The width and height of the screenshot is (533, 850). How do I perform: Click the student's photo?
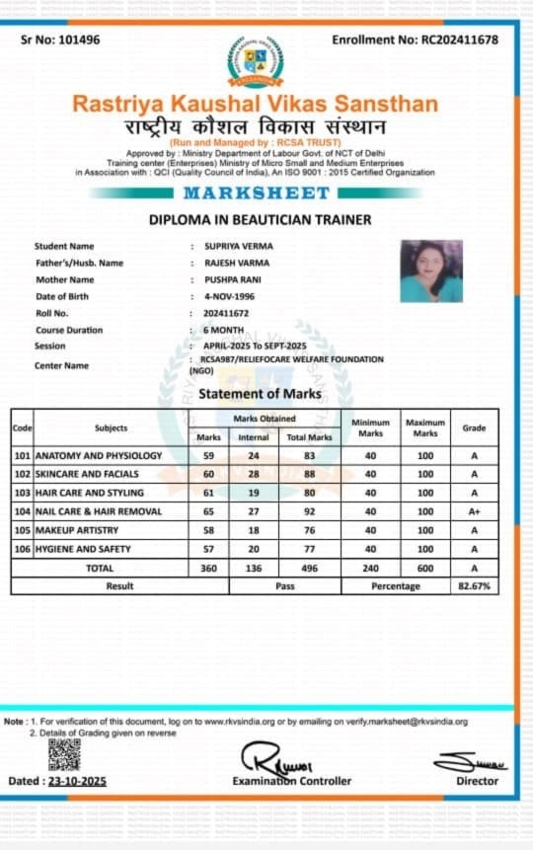point(431,270)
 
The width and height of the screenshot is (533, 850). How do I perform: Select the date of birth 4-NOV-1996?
point(226,296)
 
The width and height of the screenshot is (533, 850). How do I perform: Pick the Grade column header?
point(475,427)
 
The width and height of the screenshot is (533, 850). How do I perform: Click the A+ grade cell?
point(475,511)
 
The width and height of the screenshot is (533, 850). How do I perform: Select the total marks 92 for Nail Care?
point(308,511)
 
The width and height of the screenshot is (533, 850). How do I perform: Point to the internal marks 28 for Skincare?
point(254,474)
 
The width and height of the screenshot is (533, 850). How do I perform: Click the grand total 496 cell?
point(308,568)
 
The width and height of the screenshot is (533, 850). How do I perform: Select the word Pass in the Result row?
point(285,585)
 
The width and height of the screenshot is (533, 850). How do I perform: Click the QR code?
point(64,754)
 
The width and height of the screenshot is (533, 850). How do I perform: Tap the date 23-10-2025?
point(78,781)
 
